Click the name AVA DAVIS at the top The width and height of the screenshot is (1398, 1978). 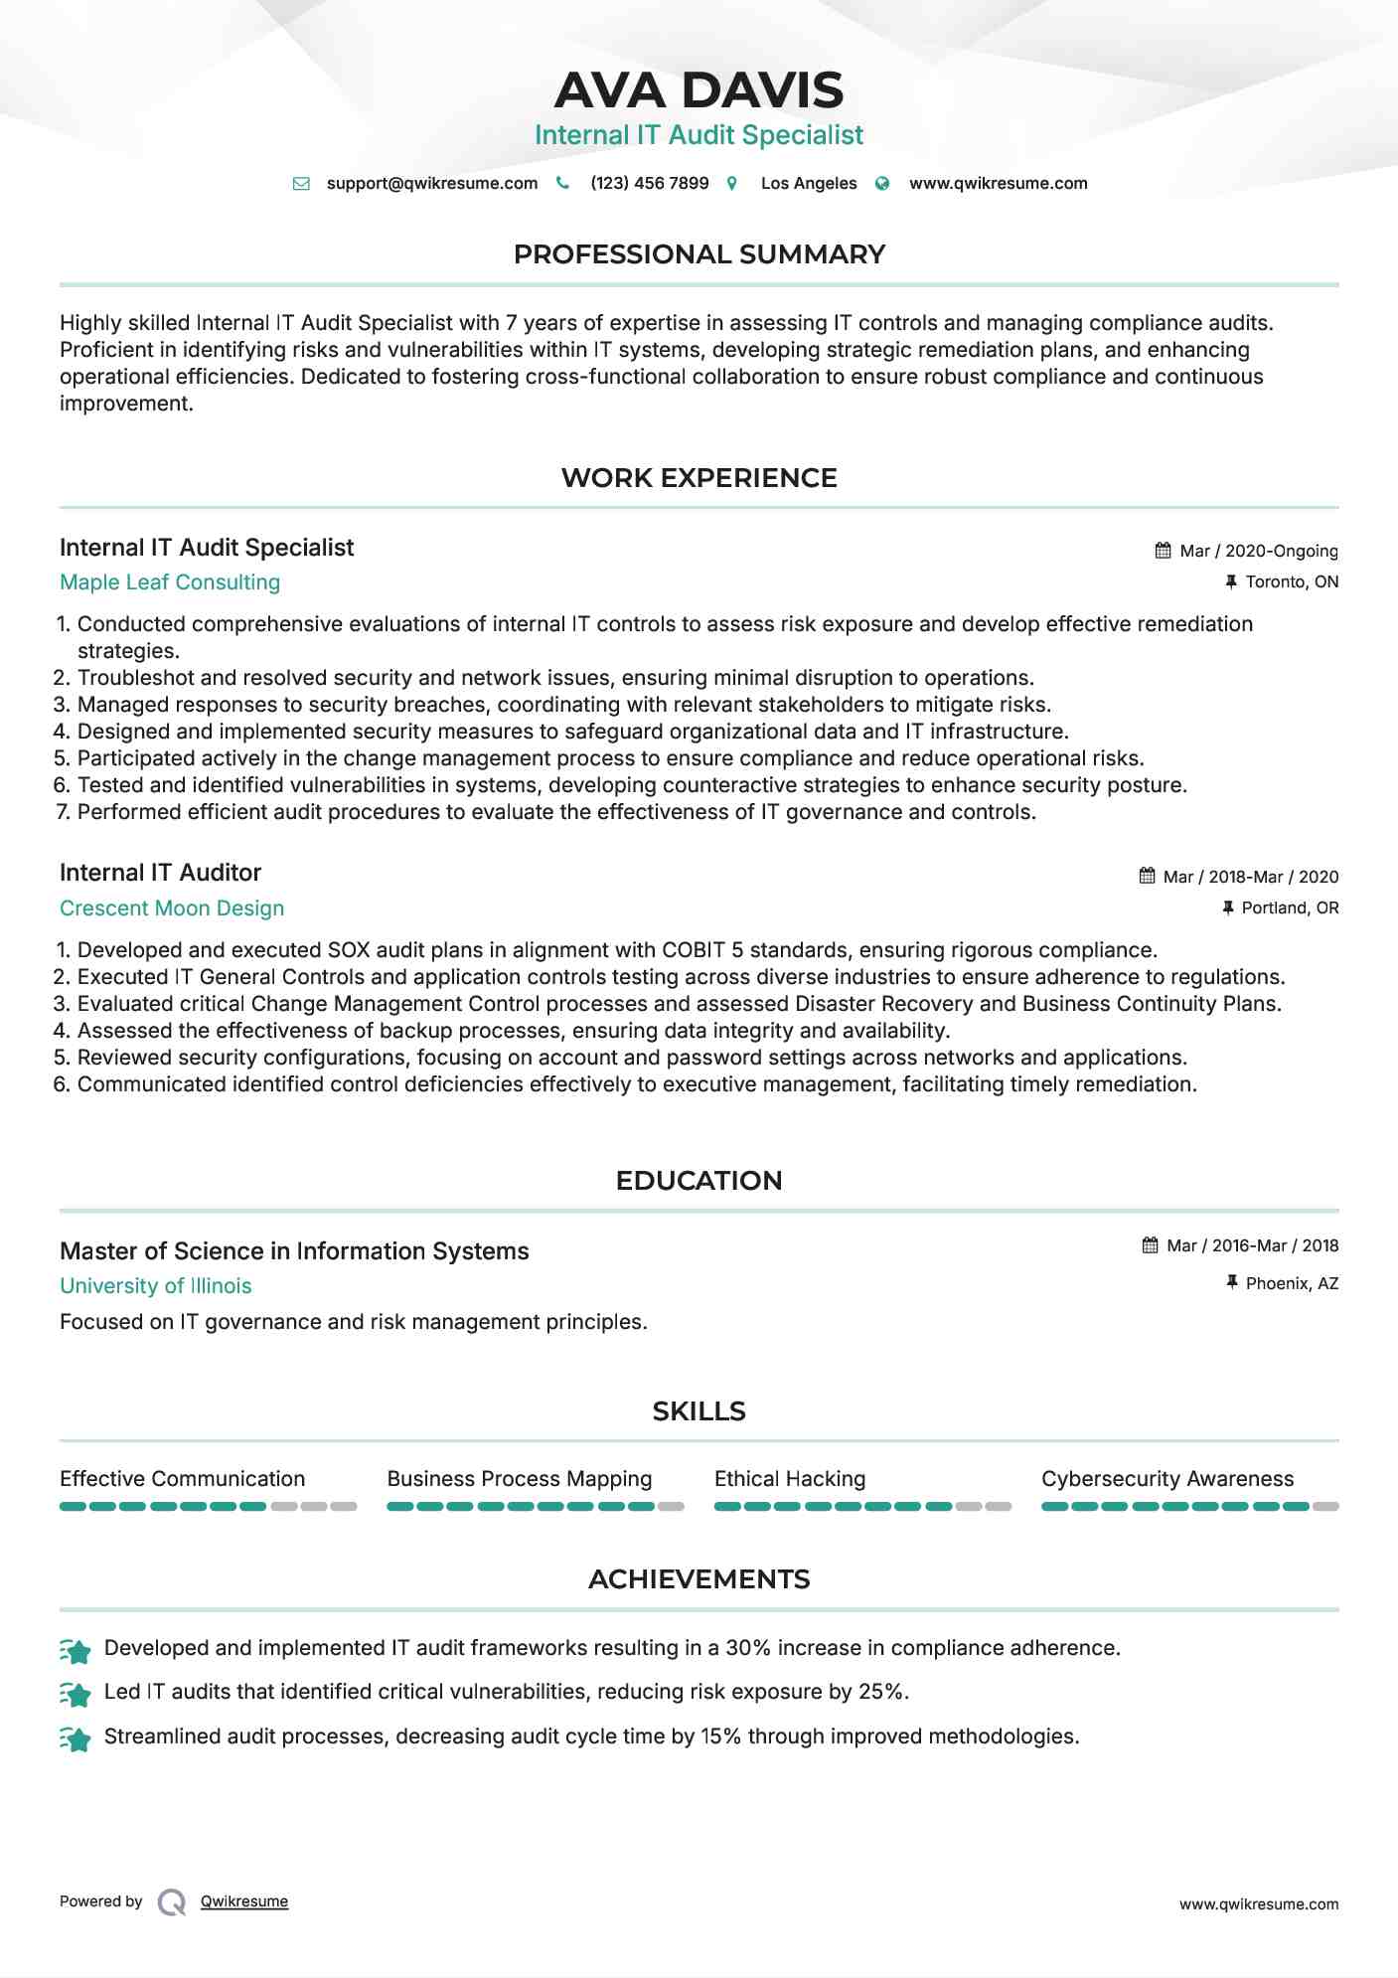point(699,90)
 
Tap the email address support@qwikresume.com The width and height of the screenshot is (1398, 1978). point(431,183)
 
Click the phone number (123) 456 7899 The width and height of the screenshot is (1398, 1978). point(649,183)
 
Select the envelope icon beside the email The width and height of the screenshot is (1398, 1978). point(301,183)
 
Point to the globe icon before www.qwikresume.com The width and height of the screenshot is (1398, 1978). point(882,183)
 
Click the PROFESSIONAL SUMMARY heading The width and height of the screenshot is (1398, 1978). point(699,254)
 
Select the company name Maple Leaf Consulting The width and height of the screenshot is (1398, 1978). point(170,582)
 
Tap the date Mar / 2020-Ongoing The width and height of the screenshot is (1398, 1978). point(1258,551)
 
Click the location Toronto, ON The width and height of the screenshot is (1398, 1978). point(1292,581)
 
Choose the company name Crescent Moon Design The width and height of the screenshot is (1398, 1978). point(172,908)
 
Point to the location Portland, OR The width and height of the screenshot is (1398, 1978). point(1290,907)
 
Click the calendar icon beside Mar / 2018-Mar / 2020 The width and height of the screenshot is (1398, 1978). point(1147,876)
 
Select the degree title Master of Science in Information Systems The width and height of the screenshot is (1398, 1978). point(294,1250)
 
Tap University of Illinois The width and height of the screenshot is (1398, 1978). point(156,1286)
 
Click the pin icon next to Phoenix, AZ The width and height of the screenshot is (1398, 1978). point(1231,1282)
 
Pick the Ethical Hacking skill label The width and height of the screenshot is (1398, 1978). point(790,1479)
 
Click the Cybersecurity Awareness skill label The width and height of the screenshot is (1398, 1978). point(1167,1479)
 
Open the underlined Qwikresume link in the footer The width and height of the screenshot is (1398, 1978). point(244,1901)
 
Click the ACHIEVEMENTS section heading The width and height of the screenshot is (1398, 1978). point(699,1579)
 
